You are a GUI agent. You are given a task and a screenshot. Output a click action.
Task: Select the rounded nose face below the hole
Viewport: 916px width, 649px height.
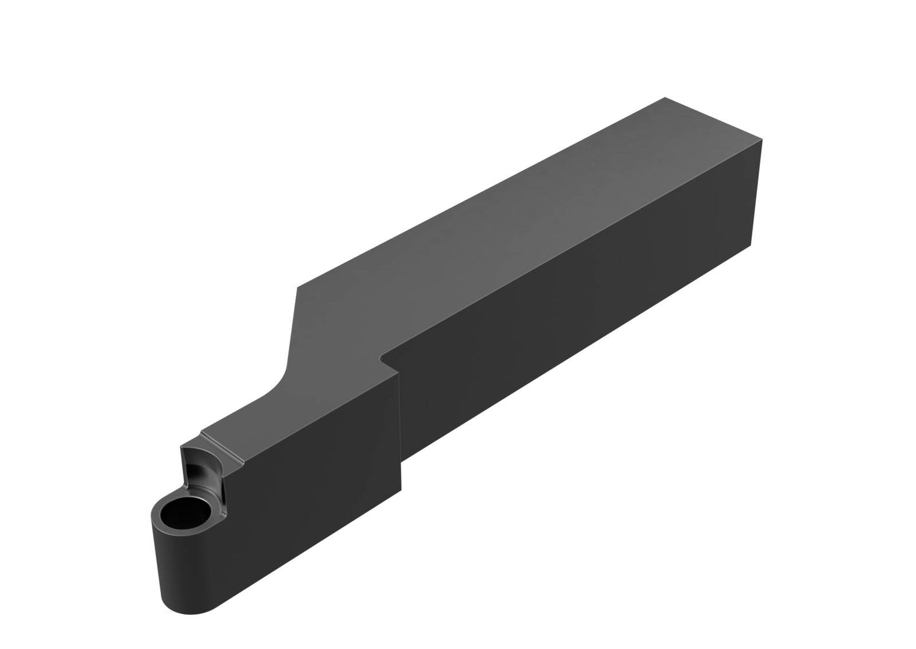coord(184,570)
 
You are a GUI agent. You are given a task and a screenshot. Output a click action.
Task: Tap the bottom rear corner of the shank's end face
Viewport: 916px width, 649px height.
coord(751,244)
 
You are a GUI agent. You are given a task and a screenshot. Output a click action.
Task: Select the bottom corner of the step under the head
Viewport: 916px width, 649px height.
coord(401,487)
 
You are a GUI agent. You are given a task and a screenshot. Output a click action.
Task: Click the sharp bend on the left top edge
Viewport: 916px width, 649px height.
coord(297,289)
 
